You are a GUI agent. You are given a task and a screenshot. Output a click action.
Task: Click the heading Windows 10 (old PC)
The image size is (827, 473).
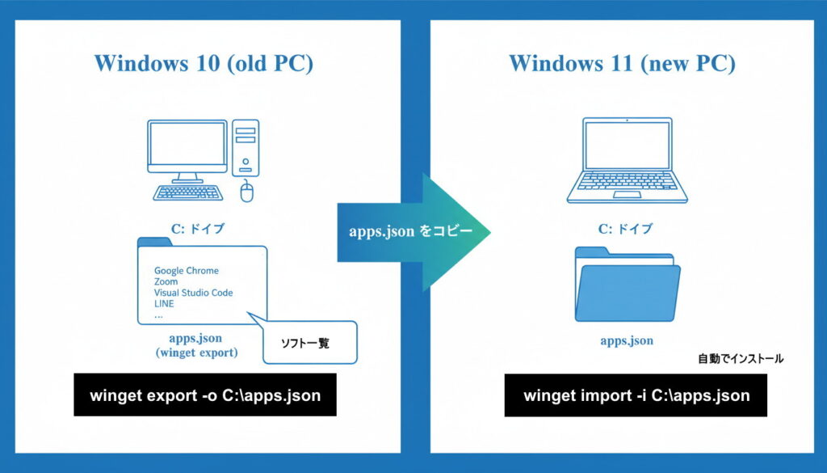click(204, 64)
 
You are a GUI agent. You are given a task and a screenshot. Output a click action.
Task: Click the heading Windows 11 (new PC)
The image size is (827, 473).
click(622, 64)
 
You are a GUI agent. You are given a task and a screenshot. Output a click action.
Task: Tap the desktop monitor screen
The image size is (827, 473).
click(186, 146)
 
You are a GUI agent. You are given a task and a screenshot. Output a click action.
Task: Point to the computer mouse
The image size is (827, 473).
click(248, 192)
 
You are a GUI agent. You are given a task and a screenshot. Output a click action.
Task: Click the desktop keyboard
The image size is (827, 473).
click(191, 193)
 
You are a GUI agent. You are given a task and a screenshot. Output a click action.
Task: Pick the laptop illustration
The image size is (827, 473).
click(627, 161)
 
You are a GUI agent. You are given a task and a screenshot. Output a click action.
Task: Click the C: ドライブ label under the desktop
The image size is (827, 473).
click(197, 229)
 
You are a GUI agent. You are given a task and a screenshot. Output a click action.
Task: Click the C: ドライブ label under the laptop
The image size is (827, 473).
click(626, 229)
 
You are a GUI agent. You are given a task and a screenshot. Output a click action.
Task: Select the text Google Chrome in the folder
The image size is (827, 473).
click(187, 271)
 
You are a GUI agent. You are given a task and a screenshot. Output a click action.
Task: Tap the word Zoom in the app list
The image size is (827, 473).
click(166, 282)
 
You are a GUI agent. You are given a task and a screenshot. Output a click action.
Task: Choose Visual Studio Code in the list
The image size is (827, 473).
click(194, 293)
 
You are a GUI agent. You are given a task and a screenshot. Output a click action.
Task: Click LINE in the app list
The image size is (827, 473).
click(164, 304)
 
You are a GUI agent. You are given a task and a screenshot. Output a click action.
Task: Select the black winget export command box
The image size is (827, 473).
click(205, 395)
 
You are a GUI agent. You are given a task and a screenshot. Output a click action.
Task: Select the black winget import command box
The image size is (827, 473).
click(636, 395)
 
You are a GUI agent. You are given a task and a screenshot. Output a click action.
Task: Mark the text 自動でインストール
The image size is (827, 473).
click(741, 358)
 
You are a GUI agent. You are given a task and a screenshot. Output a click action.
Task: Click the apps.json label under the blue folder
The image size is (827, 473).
click(627, 340)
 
